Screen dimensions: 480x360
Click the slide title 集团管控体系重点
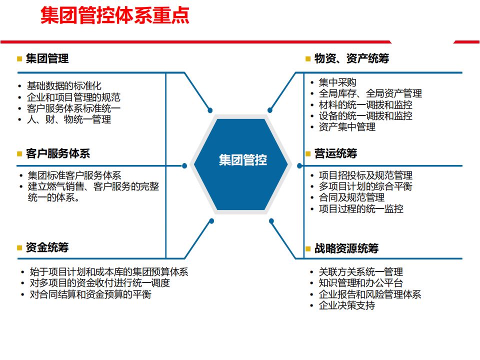click(115, 15)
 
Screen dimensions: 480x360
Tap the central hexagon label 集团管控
click(242, 160)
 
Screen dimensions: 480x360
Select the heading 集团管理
click(47, 58)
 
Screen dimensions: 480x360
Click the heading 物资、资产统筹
click(351, 58)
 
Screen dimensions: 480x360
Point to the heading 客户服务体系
click(57, 153)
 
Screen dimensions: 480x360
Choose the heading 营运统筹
click(335, 153)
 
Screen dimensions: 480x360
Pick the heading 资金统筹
click(47, 247)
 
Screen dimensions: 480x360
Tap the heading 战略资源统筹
click(346, 248)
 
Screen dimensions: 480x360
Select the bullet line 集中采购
click(337, 82)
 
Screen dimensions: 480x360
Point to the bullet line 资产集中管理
click(347, 127)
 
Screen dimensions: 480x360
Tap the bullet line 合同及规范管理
click(351, 197)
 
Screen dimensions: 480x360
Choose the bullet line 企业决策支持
click(347, 305)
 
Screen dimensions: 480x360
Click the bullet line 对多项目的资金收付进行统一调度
click(99, 283)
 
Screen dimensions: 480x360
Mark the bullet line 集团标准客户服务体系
click(74, 175)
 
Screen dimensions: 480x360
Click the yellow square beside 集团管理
click(19, 59)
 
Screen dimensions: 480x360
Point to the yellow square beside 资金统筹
click(19, 248)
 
